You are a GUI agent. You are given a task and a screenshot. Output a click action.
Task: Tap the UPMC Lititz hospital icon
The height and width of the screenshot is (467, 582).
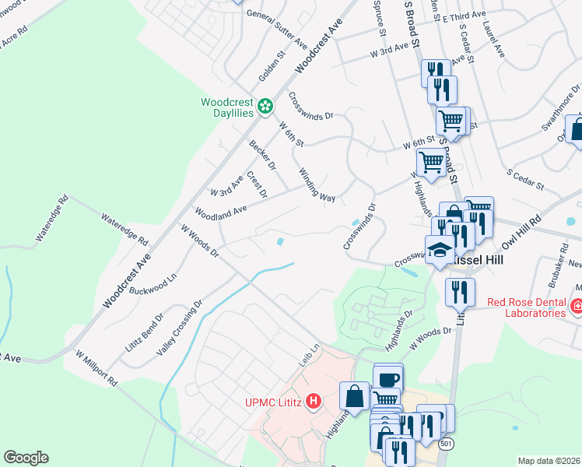tap(313, 402)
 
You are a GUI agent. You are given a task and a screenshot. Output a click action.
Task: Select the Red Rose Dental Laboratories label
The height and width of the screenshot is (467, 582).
tap(526, 307)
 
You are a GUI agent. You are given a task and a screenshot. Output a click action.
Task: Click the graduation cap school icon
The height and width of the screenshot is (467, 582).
tap(439, 249)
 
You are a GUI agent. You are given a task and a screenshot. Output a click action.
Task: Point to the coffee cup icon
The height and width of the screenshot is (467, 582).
tap(388, 379)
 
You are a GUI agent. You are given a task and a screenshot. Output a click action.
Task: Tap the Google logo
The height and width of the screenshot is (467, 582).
tap(26, 458)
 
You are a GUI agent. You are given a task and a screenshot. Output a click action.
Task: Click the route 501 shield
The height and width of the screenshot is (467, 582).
tap(445, 444)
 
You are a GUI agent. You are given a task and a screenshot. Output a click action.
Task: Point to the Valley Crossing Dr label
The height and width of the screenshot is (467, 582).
tap(180, 327)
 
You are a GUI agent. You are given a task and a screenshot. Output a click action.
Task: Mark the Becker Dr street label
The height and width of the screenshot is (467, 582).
tap(262, 155)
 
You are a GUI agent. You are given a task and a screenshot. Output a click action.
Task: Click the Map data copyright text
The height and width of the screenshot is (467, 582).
tap(549, 461)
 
